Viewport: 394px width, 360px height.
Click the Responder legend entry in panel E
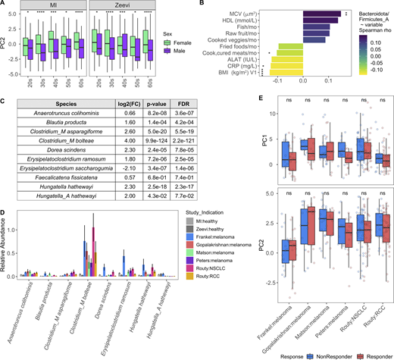(x=369, y=354)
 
